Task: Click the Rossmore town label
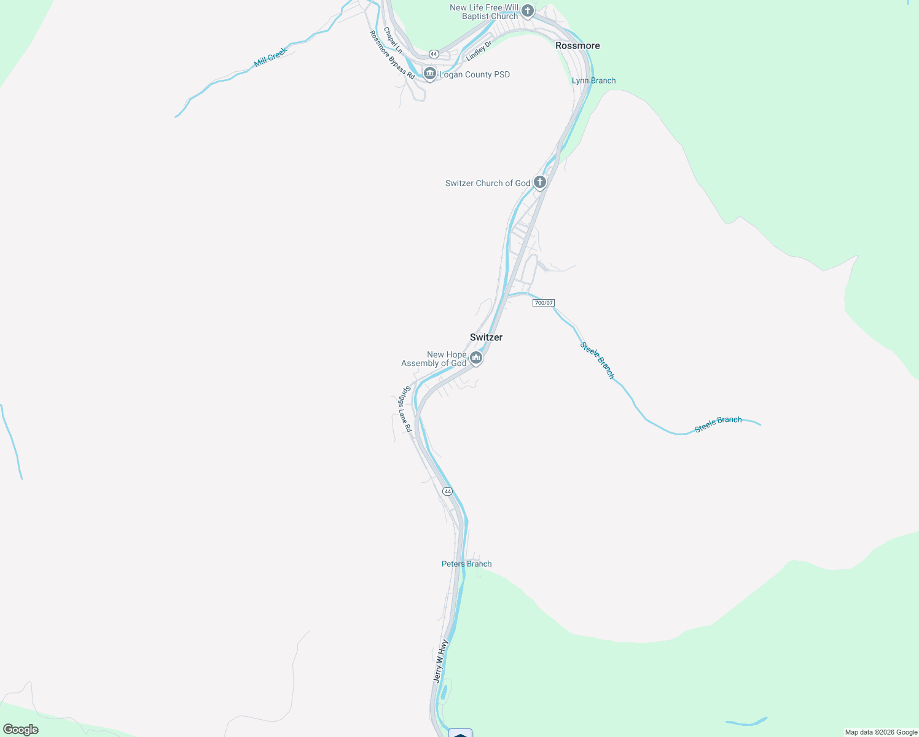[x=577, y=45]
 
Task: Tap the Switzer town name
[x=486, y=337]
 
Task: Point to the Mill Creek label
[x=270, y=57]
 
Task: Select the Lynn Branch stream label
[x=593, y=80]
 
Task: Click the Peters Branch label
[x=466, y=564]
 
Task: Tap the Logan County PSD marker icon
[x=430, y=74]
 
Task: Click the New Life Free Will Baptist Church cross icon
[x=527, y=10]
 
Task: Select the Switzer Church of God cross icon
[x=540, y=182]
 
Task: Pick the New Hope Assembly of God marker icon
[x=476, y=357]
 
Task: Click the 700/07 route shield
[x=544, y=303]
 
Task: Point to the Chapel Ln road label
[x=393, y=40]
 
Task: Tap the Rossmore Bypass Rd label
[x=392, y=55]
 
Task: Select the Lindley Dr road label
[x=479, y=51]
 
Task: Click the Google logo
[x=20, y=730]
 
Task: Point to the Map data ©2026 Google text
[x=881, y=732]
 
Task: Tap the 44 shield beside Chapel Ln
[x=434, y=53]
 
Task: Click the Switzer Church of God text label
[x=488, y=183]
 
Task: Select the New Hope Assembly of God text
[x=434, y=359]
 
